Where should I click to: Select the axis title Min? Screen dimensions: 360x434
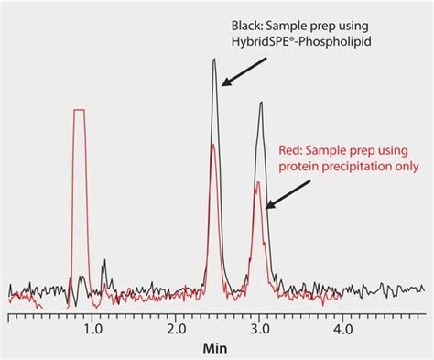(x=217, y=348)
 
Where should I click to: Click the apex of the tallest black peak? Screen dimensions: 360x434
(x=214, y=60)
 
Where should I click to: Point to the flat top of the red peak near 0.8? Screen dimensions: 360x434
(x=79, y=111)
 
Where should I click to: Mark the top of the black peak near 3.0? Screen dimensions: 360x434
(x=261, y=102)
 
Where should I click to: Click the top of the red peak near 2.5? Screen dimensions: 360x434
(x=213, y=145)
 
